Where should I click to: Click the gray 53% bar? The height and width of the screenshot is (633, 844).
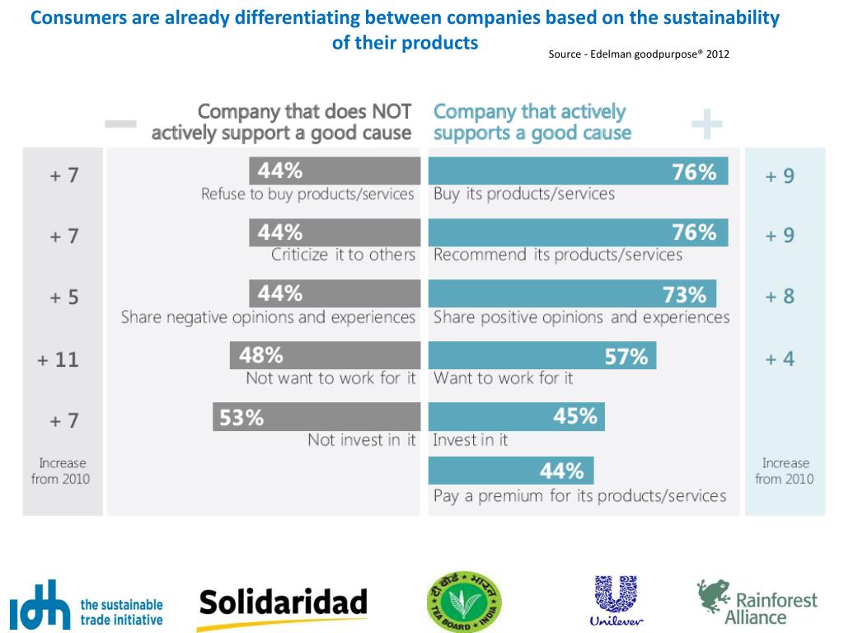(316, 416)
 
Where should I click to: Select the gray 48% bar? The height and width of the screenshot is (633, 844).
(325, 355)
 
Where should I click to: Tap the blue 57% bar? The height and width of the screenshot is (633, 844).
(542, 356)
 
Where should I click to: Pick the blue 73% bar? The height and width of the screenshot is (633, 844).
(572, 293)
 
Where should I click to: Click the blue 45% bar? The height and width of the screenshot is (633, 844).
(517, 416)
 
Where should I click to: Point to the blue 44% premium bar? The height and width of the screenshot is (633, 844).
(511, 471)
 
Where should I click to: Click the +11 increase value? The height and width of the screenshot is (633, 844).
(59, 359)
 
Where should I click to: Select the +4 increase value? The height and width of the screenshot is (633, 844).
(780, 359)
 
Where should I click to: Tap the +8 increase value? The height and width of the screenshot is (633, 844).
(780, 297)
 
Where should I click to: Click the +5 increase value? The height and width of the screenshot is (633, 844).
(63, 297)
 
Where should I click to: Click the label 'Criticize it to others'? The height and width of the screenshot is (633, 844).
(344, 255)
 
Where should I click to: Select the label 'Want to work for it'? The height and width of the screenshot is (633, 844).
(503, 378)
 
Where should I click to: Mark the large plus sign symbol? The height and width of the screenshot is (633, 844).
(706, 125)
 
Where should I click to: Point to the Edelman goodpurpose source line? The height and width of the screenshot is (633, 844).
(639, 54)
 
